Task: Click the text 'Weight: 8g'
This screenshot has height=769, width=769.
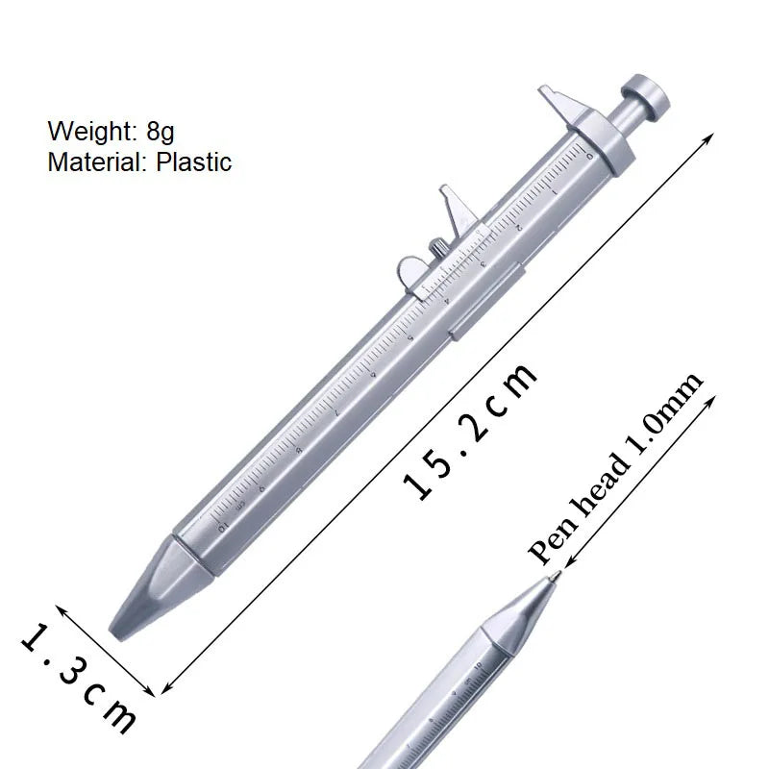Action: coord(111,130)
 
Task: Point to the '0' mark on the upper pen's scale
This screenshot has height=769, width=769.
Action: coord(589,154)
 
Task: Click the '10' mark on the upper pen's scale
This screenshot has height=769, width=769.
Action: coord(223,526)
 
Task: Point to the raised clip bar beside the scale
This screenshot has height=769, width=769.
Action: coord(486,306)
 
